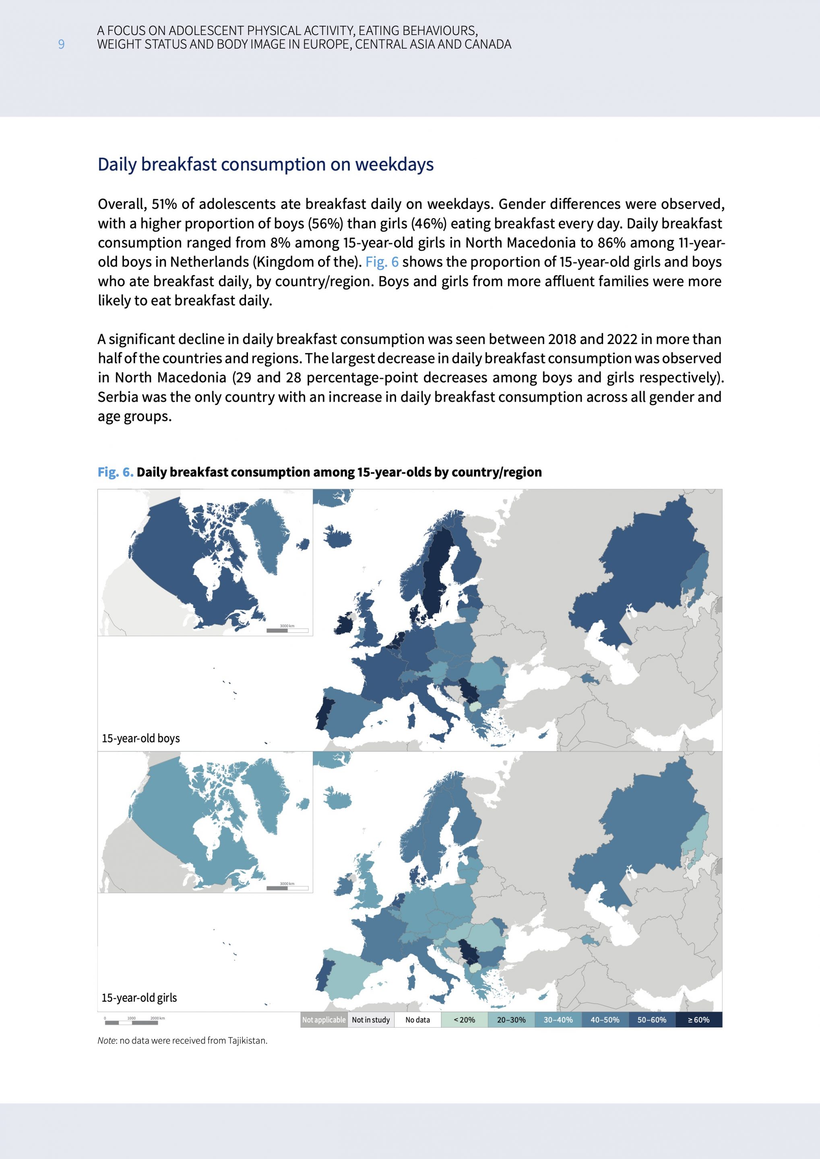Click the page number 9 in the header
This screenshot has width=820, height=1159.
coord(61,44)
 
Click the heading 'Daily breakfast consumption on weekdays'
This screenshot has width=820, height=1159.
coord(265,165)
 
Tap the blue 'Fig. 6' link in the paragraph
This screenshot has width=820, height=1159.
coord(382,262)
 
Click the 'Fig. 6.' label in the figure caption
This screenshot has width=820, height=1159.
coord(115,472)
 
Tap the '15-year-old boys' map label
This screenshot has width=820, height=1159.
coord(140,738)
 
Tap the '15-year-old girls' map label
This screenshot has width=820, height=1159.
coord(139,998)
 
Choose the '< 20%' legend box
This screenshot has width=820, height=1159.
coord(464,1020)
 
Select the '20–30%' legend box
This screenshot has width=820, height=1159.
coord(511,1020)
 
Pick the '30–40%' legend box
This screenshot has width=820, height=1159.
coord(558,1020)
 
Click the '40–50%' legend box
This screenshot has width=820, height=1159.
coord(605,1020)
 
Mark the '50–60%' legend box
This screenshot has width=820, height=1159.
coord(651,1020)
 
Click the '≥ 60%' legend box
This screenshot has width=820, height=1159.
coord(698,1020)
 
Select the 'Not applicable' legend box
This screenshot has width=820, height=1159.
coord(324,1020)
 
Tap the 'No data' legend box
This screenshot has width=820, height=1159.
coord(417,1020)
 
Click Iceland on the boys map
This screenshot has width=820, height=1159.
coord(337,538)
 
